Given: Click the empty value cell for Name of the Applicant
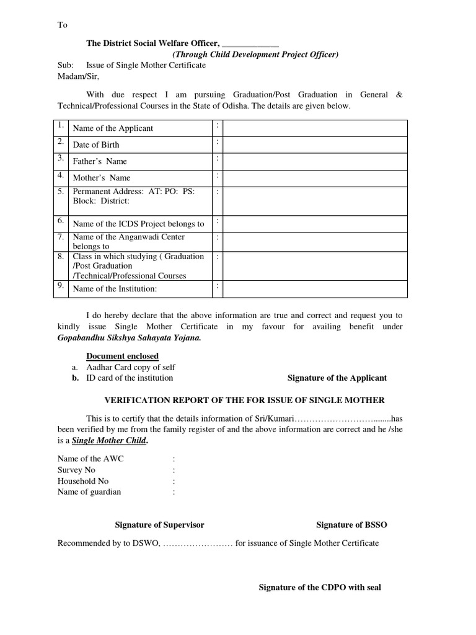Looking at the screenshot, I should coord(315,128).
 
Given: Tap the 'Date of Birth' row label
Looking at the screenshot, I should coord(96,144).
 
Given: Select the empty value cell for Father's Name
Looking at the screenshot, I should coord(315,161).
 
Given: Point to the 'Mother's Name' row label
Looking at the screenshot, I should coord(102,178).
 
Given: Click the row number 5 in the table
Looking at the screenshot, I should coord(61,192).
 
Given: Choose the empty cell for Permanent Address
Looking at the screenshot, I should coord(315,201).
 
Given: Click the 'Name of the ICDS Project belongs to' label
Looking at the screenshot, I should coord(138,224).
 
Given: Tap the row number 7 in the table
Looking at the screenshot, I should coord(61,237).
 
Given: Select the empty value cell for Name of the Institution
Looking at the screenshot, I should coord(315,289).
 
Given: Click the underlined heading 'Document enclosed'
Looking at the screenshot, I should coord(122,356).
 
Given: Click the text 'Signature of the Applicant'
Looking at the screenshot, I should coord(337,378).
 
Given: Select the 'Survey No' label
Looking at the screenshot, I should coord(76,470).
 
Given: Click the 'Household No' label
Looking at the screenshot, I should coord(83,481).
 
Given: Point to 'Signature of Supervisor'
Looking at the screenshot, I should coord(159,525).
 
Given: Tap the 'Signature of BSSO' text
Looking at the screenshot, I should coord(351,525).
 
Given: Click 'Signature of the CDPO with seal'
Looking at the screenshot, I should coord(320,588).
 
